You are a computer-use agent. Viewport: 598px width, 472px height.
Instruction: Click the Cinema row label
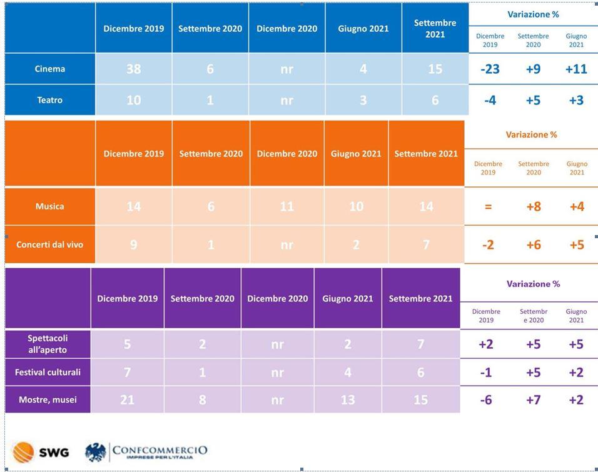click(50, 69)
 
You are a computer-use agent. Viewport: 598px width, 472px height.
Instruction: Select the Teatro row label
click(50, 100)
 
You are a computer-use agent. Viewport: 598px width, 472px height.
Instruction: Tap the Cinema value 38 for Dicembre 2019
click(134, 69)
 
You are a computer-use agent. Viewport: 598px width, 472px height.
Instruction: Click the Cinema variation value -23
click(490, 69)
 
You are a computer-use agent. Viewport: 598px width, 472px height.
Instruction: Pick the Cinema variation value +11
click(576, 69)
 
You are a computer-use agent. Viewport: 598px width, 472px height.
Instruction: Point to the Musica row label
click(50, 206)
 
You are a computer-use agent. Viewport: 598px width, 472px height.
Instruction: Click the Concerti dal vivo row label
click(50, 244)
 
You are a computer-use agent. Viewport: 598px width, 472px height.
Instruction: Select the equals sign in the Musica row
click(488, 206)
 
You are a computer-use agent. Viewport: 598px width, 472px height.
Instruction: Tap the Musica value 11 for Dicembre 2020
click(286, 206)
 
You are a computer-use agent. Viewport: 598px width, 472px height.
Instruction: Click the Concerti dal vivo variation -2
click(488, 244)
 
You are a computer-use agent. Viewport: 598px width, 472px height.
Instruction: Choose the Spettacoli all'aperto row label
click(48, 344)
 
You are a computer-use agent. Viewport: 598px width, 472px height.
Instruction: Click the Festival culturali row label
click(48, 373)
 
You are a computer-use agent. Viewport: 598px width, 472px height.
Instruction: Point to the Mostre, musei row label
click(48, 399)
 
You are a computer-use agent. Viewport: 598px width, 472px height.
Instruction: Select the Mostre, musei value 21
click(127, 399)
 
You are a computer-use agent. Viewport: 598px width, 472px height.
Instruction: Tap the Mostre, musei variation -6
click(486, 399)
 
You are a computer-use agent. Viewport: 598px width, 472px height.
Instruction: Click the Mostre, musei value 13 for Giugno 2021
click(348, 399)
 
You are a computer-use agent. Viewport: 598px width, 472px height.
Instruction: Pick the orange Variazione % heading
click(531, 134)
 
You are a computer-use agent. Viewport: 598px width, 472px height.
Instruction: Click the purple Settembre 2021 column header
click(420, 299)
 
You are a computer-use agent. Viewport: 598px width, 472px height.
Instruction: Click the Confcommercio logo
click(146, 451)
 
